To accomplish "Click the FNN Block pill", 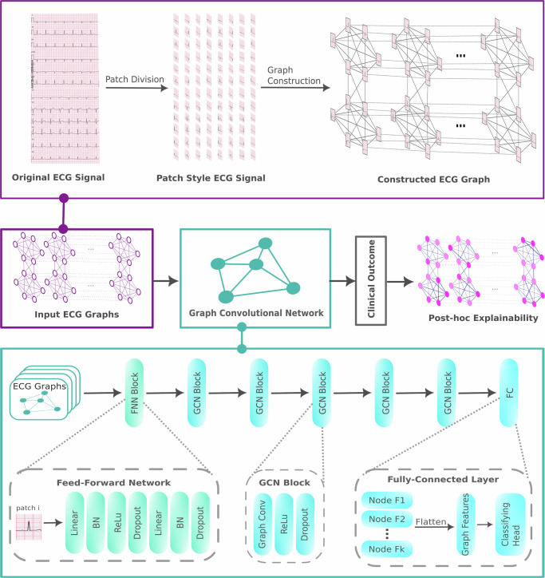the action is point(134,393).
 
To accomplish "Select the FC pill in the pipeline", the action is point(509,393).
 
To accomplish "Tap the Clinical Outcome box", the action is point(371,280).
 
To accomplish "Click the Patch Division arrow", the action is point(136,88).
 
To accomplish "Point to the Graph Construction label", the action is point(294,75).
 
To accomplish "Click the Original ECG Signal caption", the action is point(58,177).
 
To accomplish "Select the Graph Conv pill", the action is point(263,525).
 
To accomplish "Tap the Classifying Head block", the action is point(511,525).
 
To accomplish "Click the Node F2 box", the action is point(387,519).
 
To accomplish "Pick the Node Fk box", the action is point(387,549).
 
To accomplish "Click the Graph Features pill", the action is point(466,525).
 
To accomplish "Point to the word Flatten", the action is point(431,521).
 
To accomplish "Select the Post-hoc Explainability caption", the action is point(483,318).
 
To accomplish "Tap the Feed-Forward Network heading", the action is point(113,482).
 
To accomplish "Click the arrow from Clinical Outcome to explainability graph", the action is point(400,282).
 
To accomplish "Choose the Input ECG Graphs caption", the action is point(77,315).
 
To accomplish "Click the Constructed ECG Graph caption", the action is point(434,180).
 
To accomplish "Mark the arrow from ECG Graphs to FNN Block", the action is point(103,393).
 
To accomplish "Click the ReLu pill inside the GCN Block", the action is point(284,525).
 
